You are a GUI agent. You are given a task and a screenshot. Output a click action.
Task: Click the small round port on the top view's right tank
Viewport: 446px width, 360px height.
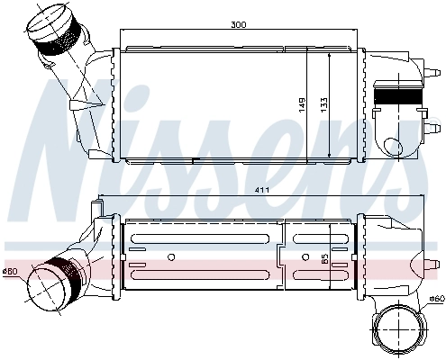pos(393,146)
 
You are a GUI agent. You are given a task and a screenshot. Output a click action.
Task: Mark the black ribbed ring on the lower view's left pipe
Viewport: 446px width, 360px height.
pos(65,271)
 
